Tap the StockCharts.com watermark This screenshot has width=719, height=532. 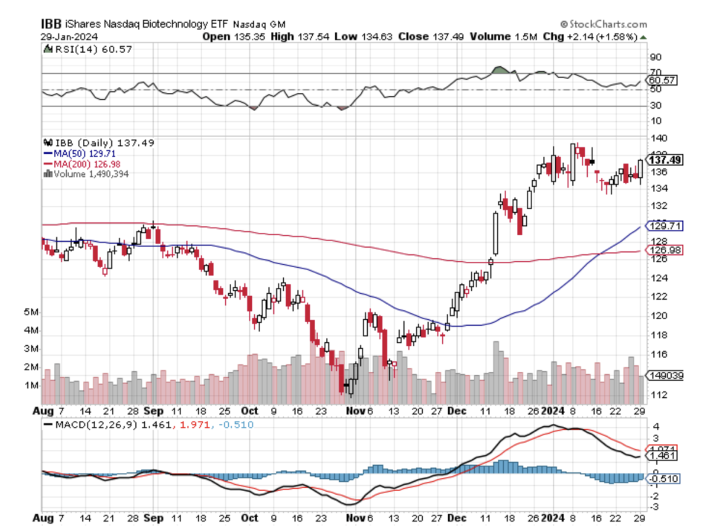coord(603,24)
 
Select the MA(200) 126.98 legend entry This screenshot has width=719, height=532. coord(78,164)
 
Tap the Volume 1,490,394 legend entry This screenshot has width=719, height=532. coord(90,174)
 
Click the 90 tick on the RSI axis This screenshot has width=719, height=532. coord(655,57)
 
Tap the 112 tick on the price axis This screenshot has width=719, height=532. coord(656,395)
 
